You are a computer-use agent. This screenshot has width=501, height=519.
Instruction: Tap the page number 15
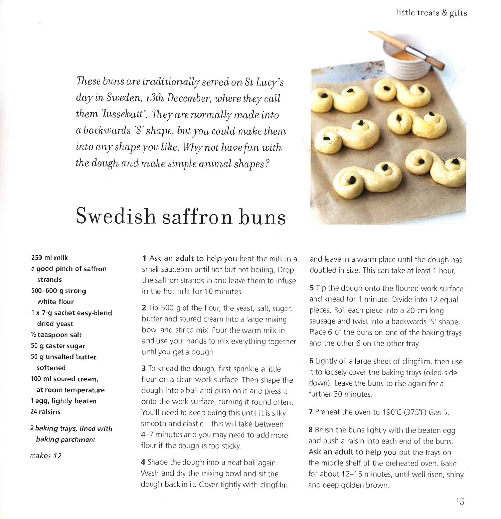coord(460,501)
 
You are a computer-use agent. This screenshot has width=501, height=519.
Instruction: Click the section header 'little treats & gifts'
coord(431,13)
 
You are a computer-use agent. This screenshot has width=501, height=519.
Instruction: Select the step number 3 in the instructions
coord(143,369)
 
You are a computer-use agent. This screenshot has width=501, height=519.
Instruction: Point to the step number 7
coord(311,412)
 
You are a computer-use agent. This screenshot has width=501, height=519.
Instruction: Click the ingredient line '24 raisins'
coord(45,412)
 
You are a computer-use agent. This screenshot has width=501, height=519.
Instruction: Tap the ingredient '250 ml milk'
coord(49,258)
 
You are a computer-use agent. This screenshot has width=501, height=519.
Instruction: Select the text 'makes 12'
coord(46,456)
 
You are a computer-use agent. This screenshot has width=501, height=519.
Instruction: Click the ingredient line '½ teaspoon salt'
coord(56,335)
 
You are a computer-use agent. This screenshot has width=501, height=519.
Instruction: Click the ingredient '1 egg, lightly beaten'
coord(63,401)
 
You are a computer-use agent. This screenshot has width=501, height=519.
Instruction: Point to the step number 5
coord(311,288)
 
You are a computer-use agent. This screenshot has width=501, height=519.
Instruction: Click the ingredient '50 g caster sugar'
coord(58,346)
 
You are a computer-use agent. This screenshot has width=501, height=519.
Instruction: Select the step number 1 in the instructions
coord(144,258)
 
